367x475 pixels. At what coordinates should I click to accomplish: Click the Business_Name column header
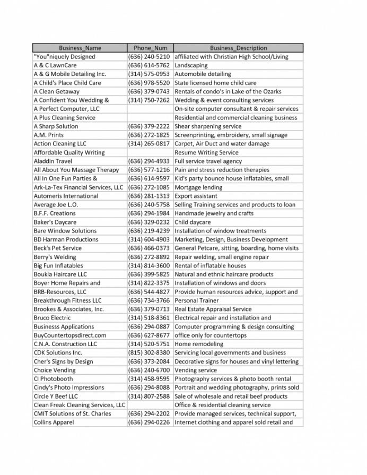click(80, 48)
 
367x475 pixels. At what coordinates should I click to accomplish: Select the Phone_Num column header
click(150, 48)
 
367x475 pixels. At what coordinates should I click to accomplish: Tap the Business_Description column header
click(238, 48)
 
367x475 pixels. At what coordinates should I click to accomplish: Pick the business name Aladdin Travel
click(53, 161)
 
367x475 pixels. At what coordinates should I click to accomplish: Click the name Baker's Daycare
click(55, 222)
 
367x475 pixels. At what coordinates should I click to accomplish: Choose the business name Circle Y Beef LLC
click(56, 396)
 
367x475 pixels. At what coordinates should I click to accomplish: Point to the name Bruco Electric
click(52, 318)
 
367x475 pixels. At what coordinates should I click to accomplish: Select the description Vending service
click(196, 370)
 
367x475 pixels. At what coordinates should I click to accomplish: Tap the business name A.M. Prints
click(49, 135)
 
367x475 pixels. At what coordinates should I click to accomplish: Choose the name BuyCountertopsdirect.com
click(70, 335)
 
